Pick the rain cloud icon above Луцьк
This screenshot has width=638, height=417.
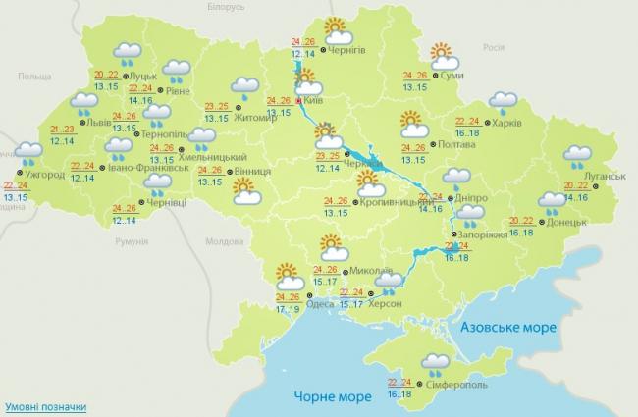pos(126,53)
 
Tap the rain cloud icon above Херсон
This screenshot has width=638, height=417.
pos(389,285)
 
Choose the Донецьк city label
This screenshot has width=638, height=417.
pos(568,223)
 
